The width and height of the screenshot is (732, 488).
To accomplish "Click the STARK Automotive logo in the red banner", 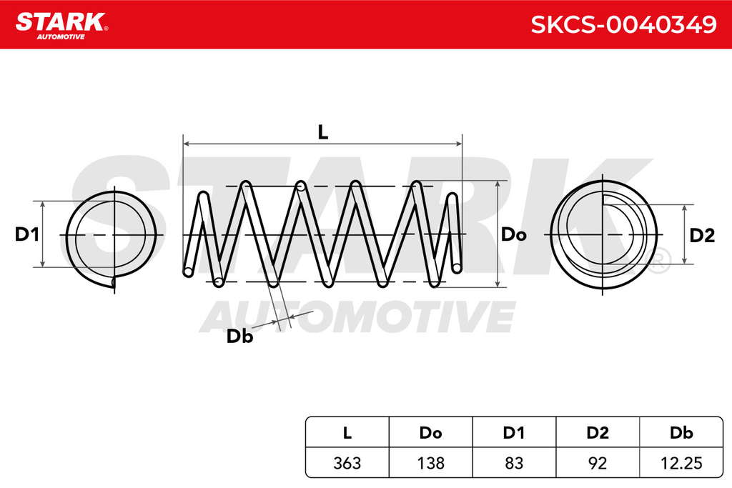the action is coord(61,26).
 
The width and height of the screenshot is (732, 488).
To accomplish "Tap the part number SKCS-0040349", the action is coord(623,24).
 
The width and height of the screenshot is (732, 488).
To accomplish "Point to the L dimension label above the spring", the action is coord(322,132).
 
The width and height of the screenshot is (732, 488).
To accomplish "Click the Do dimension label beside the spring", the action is coord(513,234).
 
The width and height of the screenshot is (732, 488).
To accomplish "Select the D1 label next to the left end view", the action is coord(26,234).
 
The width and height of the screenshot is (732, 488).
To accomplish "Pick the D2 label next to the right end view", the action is coord(702,236).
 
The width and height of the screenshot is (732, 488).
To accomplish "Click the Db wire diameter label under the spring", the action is coord(239,336).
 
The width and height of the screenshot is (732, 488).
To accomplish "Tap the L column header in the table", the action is coord(347,433).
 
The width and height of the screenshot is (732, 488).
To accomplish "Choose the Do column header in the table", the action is coord(430,433).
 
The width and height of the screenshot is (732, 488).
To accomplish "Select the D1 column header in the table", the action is coord(513,433).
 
